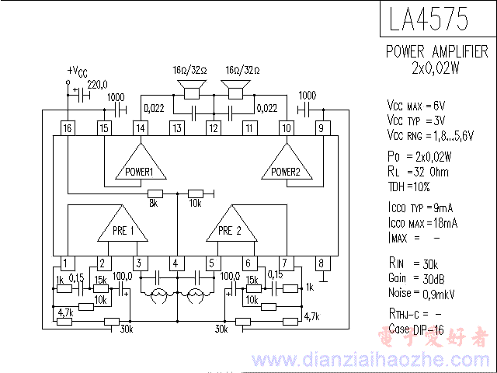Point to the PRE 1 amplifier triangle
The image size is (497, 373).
click(122, 227)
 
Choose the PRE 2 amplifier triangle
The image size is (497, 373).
click(230, 227)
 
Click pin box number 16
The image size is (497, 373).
click(68, 128)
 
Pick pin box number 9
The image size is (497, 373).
click(321, 128)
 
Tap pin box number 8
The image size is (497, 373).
click(321, 263)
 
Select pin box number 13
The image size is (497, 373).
click(177, 128)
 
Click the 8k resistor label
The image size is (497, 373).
click(154, 204)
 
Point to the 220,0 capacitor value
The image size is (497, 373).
click(97, 85)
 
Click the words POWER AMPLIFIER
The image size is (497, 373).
click(437, 52)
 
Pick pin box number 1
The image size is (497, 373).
click(68, 263)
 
